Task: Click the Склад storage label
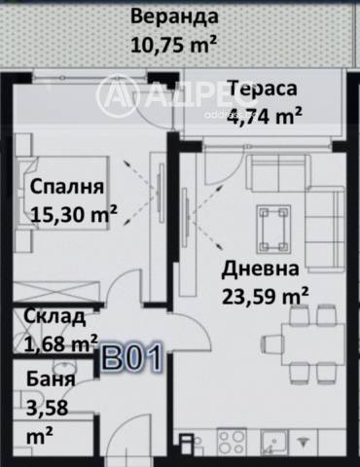(x=54, y=316)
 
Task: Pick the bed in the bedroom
(x=49, y=195)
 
